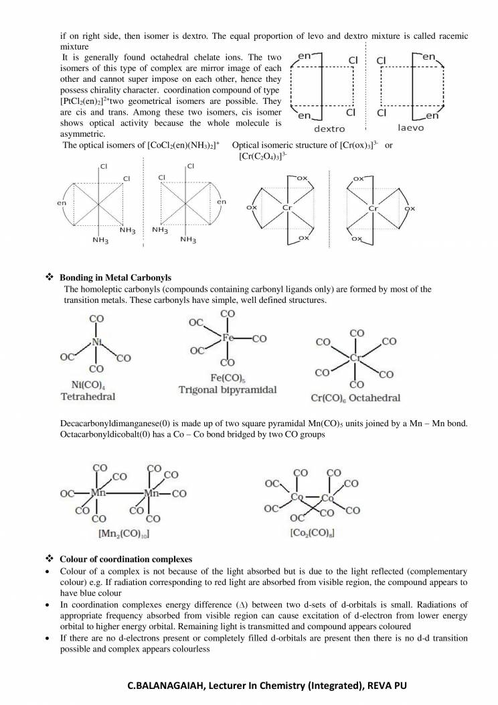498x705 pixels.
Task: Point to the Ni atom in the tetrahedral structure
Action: click(96, 343)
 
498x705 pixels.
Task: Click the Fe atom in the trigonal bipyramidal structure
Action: click(228, 338)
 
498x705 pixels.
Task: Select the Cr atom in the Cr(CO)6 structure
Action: click(355, 358)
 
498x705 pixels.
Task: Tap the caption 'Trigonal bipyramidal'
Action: click(227, 389)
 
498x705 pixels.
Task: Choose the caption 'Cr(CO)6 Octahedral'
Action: click(355, 398)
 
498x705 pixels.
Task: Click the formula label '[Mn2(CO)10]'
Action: click(123, 534)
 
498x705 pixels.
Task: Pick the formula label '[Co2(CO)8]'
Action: click(313, 533)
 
